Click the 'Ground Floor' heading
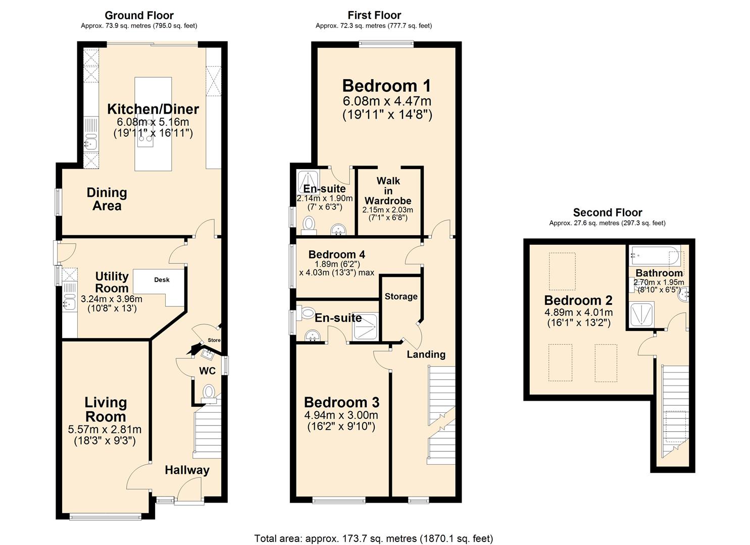tap(139, 15)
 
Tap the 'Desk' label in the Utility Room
tap(162, 280)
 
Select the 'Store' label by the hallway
tap(214, 340)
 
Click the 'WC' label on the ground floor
tap(207, 371)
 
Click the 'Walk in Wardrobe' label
tap(388, 191)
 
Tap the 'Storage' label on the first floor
tap(401, 296)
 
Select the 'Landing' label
tap(426, 355)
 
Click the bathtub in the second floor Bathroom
tap(655, 256)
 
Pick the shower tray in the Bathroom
tap(642, 314)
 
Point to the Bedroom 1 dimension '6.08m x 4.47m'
tap(387, 101)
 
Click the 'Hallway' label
tap(187, 470)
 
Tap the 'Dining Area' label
tap(107, 199)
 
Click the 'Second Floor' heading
tap(608, 212)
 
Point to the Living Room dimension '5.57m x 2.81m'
tap(105, 429)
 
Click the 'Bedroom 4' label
tap(336, 255)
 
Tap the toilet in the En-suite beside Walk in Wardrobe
tap(309, 225)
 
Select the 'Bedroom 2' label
tap(578, 300)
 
